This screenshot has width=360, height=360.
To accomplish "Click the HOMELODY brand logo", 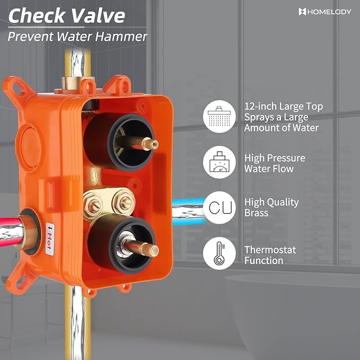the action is pos(325,12).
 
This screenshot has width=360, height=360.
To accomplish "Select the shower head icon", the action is pos(219,117).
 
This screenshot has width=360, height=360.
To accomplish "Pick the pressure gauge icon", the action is pos(219,162).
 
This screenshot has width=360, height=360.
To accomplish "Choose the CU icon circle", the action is pos(219,207).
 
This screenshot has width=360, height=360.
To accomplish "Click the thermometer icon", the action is pos(219,253).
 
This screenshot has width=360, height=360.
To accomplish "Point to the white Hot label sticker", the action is pos(50,239).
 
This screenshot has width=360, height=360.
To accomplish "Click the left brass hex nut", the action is pos(93,206).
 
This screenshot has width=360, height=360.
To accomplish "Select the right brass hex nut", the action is pos(124,202).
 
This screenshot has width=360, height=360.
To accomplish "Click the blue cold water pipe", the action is pos(188,212).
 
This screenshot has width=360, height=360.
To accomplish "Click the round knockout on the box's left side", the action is pos(29,147).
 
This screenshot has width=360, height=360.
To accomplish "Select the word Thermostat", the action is pos(270,250).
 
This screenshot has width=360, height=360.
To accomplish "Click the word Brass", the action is pos(256,213).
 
